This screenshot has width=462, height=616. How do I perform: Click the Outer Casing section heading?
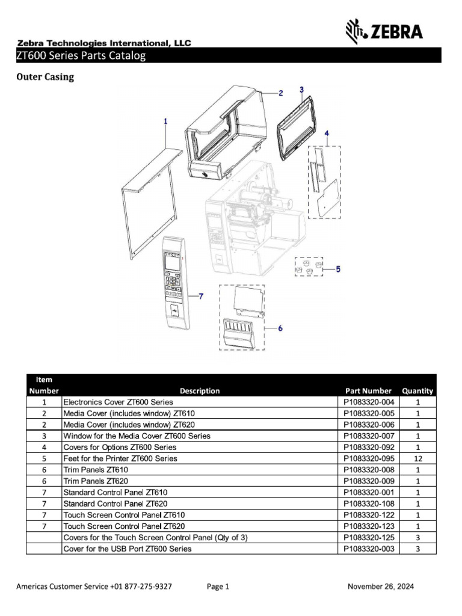pos(45,77)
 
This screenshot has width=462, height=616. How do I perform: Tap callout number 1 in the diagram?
pos(165,121)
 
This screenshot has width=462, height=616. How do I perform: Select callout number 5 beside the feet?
pos(337,270)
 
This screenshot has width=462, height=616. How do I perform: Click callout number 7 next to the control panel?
pos(201,296)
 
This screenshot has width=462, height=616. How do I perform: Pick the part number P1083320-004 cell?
pos(369,402)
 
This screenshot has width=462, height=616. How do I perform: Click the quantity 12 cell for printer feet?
pos(417,458)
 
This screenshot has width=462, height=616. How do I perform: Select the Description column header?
pos(200,390)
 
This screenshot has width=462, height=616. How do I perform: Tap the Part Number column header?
pos(368,390)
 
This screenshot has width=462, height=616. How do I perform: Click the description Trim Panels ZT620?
pos(96,481)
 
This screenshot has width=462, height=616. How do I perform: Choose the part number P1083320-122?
pos(369,515)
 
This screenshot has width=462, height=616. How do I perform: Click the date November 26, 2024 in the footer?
pos(381,587)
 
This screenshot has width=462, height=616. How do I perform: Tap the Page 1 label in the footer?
pos(218,587)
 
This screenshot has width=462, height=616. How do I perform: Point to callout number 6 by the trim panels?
pos(280,328)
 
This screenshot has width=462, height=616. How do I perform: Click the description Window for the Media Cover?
pos(137,436)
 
